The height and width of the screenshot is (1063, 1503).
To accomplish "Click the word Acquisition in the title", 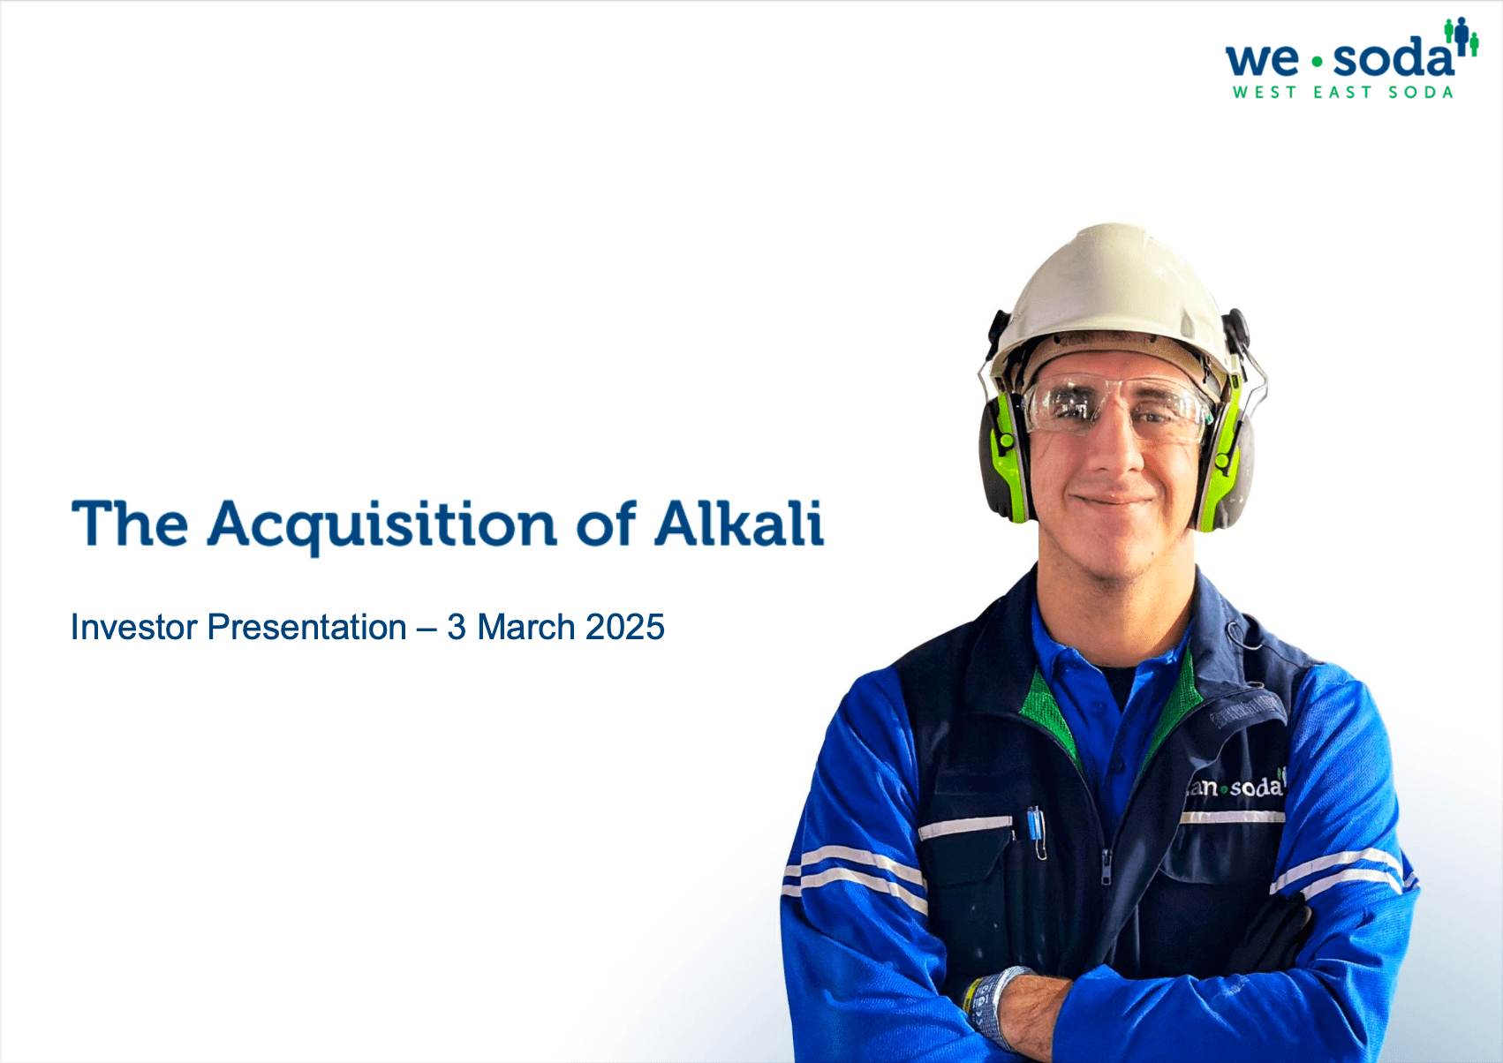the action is pos(381,526).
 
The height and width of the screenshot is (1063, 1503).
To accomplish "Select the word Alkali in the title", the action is pos(739,523).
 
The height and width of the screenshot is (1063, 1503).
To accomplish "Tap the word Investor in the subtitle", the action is pos(134,627).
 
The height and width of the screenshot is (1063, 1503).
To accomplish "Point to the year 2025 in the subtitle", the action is pos(624,627).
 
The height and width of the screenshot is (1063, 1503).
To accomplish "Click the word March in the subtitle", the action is pos(526,627).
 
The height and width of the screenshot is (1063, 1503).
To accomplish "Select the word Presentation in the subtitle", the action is pos(306,627).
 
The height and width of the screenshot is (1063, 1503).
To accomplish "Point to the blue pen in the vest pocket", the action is pos(1036,828).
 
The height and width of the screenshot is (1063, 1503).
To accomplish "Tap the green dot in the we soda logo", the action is pos(1318,63).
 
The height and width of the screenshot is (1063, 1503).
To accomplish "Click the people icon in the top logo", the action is pos(1461,37).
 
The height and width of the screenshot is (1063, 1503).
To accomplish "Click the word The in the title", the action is pos(130,524).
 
